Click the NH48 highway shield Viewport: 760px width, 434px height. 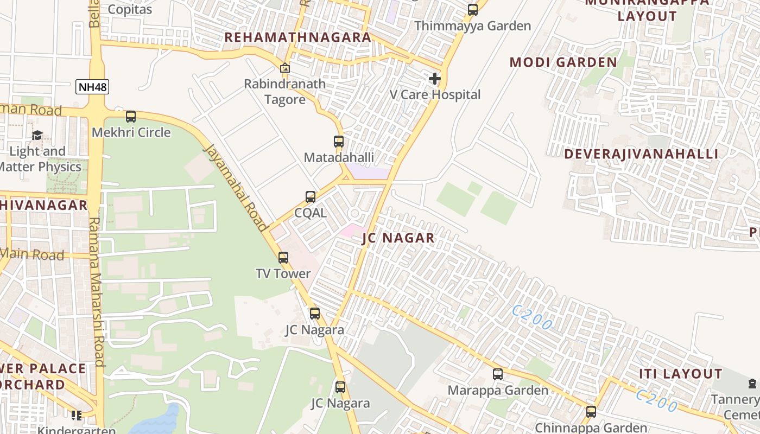pyautogui.click(x=92, y=87)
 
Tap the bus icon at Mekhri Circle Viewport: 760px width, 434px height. pyautogui.click(x=131, y=117)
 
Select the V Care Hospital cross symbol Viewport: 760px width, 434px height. pyautogui.click(x=434, y=79)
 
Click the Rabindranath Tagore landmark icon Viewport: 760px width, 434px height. pyautogui.click(x=284, y=68)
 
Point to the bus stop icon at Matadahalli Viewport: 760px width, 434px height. pyautogui.click(x=339, y=142)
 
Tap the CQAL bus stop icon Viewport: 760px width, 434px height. pyautogui.click(x=311, y=197)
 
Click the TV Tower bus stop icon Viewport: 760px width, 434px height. pyautogui.click(x=283, y=258)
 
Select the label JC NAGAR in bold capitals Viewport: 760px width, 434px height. pyautogui.click(x=398, y=238)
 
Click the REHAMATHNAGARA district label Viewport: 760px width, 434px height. pyautogui.click(x=297, y=37)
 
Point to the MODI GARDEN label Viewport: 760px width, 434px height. pyautogui.click(x=563, y=62)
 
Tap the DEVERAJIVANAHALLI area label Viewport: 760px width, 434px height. pyautogui.click(x=641, y=154)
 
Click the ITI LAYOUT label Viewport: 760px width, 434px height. pyautogui.click(x=680, y=374)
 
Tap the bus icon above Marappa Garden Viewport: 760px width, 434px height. pyautogui.click(x=498, y=374)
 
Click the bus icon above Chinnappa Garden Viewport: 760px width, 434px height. pyautogui.click(x=591, y=412)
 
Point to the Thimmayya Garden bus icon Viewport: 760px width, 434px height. pyautogui.click(x=473, y=10)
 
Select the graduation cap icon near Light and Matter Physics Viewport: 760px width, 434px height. pyautogui.click(x=37, y=135)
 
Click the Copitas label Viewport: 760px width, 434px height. pyautogui.click(x=130, y=9)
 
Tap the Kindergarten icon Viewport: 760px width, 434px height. pyautogui.click(x=76, y=416)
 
